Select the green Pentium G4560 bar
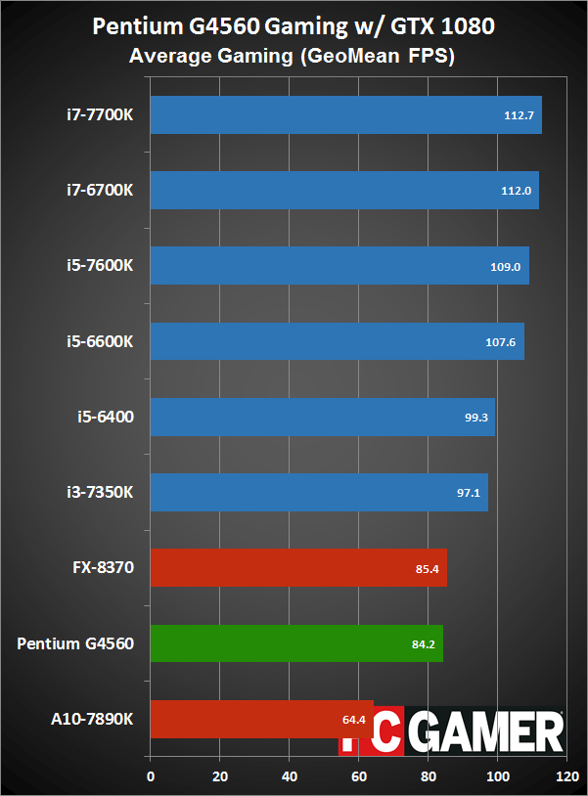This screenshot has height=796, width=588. pos(294,643)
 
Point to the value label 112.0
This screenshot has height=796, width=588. pos(515,192)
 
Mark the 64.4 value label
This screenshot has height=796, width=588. pos(353,720)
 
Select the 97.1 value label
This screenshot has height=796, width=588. pos(465,493)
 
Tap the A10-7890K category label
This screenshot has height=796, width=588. pos(93,719)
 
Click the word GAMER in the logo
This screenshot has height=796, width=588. pos(486,731)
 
